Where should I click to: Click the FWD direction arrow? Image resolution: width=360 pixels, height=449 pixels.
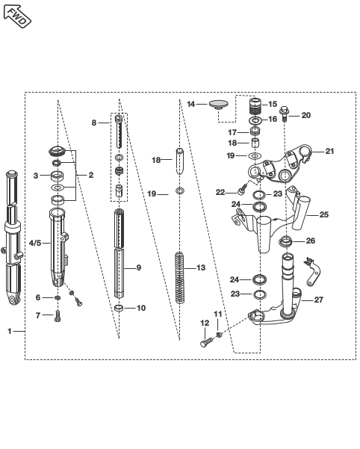click(16, 16)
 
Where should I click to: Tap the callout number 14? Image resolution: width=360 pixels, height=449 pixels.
click(191, 104)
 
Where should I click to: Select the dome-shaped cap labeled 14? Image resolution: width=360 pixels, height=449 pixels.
click(218, 105)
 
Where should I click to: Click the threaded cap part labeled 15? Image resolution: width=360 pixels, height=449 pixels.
click(256, 106)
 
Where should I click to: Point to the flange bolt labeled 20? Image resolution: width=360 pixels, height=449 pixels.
click(284, 114)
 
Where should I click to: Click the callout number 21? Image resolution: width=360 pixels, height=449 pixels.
click(329, 151)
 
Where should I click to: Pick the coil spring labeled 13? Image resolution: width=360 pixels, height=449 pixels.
click(180, 277)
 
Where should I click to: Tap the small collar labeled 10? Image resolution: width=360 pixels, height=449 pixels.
click(119, 308)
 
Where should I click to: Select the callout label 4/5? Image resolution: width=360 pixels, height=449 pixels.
click(35, 243)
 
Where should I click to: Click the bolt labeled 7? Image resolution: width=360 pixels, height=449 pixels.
click(58, 316)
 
